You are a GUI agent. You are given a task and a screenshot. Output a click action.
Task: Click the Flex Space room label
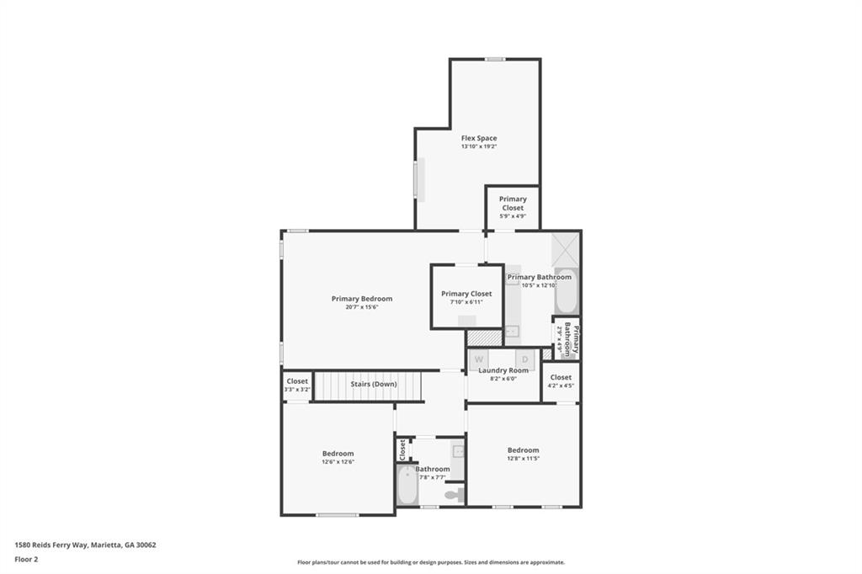pos(478,138)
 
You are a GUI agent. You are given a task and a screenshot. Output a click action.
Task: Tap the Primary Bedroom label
pos(361,299)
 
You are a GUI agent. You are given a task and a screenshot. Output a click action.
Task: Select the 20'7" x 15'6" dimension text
pos(361,307)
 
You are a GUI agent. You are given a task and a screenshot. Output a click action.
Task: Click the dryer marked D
pos(524,359)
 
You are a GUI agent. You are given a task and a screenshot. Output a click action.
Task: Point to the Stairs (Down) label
pos(373,384)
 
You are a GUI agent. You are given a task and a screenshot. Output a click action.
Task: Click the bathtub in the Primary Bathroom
pos(566,291)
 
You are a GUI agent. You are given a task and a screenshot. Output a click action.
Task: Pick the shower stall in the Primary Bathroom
pos(565,248)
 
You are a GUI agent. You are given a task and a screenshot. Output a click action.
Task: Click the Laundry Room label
pos(503,370)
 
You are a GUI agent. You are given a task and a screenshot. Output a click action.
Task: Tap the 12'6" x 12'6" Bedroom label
pos(338,454)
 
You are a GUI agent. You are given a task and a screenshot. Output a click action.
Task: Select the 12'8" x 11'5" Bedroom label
pos(523,450)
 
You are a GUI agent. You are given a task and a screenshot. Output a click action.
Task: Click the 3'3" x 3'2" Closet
pos(296,385)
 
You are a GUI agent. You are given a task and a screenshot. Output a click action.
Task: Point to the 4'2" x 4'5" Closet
pos(561,381)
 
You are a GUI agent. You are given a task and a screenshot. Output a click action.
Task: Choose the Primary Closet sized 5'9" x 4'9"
pos(513,207)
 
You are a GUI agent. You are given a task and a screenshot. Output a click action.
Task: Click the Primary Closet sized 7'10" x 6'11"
pos(466,297)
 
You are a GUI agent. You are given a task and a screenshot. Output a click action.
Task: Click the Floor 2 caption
pos(27,559)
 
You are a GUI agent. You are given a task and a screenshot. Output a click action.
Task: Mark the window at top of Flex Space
pos(495,59)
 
